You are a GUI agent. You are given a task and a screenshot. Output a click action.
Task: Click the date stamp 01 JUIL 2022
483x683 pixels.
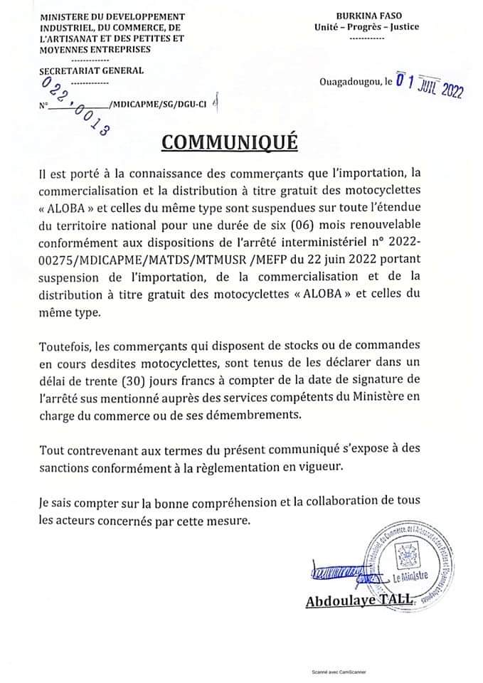pos(429,89)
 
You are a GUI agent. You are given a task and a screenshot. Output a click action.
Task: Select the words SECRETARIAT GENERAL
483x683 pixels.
pos(92,70)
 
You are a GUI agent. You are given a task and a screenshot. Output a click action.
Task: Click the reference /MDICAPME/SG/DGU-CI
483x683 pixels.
pos(157,104)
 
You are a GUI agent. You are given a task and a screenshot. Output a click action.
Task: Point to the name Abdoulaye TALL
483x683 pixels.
pos(359,601)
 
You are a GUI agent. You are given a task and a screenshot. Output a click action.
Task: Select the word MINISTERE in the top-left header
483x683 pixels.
pos(68,16)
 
